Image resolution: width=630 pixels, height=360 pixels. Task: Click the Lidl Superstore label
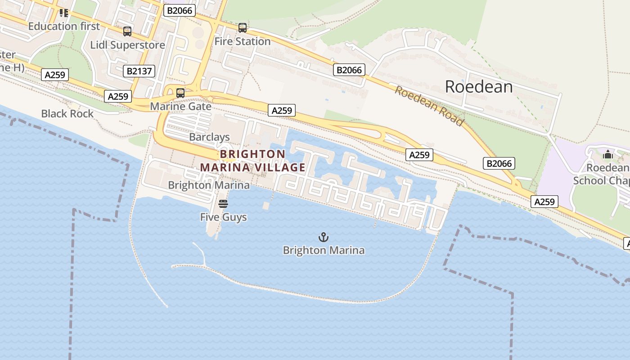click(x=127, y=45)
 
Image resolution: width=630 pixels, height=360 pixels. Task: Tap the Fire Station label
click(x=242, y=41)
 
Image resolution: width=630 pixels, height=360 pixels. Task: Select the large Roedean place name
click(x=478, y=86)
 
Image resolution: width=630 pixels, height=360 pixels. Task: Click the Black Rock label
click(x=67, y=113)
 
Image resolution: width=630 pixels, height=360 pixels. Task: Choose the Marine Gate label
click(x=180, y=106)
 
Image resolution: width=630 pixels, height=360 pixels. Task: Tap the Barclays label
click(x=209, y=137)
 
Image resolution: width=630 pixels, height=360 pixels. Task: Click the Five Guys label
click(x=223, y=217)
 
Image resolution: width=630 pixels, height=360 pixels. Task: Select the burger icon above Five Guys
click(x=223, y=204)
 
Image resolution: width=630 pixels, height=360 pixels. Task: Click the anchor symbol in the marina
click(x=323, y=237)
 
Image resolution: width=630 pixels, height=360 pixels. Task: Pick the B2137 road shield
click(x=139, y=71)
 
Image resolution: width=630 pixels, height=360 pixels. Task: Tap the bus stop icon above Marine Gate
click(x=180, y=93)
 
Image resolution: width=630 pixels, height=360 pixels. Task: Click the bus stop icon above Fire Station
click(x=243, y=28)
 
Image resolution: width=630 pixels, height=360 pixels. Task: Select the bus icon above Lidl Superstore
click(x=127, y=31)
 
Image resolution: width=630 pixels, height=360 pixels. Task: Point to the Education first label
click(x=64, y=26)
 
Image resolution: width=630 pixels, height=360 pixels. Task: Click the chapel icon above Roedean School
click(x=608, y=154)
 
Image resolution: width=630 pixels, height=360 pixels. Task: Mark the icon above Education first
click(x=64, y=13)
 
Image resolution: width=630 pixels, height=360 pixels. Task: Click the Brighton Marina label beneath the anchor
click(x=323, y=250)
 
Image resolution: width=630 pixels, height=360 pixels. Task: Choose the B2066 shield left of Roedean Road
click(x=349, y=70)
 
